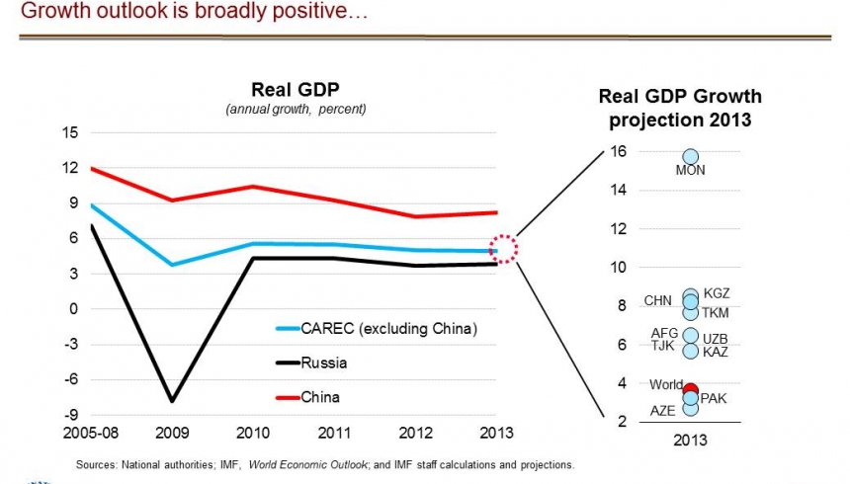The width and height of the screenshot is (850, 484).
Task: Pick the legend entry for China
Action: pos(322,396)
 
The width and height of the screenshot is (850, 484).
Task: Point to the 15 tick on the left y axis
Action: pos(69,131)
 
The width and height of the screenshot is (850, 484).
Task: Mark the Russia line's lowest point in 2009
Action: pos(172,401)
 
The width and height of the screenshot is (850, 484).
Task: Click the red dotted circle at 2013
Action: pos(504,249)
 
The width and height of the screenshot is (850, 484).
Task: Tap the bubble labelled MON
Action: pos(690,156)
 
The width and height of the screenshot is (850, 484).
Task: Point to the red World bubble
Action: pos(691,390)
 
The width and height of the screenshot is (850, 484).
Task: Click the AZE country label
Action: pos(662,411)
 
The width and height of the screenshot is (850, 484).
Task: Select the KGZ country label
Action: pos(716,293)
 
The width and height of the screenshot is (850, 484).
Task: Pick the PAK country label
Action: pos(713,398)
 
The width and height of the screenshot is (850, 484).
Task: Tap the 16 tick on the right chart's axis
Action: pos(619,151)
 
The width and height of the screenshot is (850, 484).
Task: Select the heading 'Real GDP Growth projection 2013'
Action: pos(680,109)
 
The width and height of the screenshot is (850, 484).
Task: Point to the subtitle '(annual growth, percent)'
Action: pos(296,109)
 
